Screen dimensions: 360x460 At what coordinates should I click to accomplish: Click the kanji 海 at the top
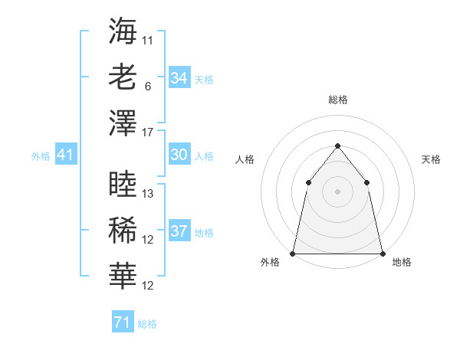123,31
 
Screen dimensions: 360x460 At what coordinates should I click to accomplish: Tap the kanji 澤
123,122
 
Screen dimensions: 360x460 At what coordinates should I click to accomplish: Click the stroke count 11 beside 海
148,38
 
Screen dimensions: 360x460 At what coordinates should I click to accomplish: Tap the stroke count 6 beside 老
147,87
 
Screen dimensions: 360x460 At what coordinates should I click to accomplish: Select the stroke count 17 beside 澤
148,132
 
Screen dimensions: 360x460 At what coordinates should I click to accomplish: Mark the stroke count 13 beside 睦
148,195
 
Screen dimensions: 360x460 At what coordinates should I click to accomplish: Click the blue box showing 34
179,78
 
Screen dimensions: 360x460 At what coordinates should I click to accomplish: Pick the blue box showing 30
179,155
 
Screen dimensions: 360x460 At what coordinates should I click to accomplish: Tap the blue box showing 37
179,231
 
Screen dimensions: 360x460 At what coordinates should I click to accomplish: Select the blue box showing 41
66,155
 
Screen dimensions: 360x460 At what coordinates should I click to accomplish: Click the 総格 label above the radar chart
337,100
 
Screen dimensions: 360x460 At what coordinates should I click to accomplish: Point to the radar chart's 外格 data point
293,253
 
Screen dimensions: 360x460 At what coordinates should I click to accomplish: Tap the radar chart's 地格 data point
382,253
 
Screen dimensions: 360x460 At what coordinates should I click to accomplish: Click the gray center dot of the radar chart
337,191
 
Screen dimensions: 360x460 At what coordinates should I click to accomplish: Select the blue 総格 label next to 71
147,324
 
